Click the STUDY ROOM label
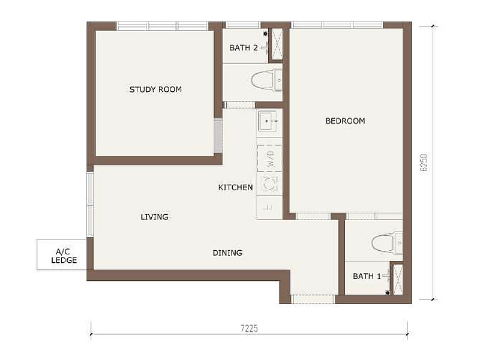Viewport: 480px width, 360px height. [x=155, y=89]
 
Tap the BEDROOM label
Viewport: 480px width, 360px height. [x=345, y=121]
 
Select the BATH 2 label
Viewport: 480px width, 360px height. [x=244, y=48]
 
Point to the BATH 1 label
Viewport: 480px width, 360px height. [x=367, y=276]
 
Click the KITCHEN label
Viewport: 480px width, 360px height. [x=235, y=187]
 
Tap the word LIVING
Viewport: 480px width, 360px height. [x=154, y=217]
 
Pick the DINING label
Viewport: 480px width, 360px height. [x=227, y=253]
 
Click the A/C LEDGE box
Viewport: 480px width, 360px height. [x=62, y=254]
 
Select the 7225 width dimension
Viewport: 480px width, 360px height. [x=249, y=328]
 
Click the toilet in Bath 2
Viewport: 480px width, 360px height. [x=266, y=80]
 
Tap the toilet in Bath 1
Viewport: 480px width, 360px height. [x=387, y=243]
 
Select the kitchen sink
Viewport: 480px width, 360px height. [x=268, y=121]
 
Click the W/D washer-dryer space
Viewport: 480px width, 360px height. [x=269, y=158]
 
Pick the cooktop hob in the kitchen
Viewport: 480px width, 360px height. [x=269, y=184]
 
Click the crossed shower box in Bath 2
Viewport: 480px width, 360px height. [x=277, y=44]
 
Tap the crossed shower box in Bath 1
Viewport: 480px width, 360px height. [x=398, y=279]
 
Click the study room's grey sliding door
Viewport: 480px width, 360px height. [x=218, y=136]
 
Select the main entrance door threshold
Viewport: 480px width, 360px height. [x=313, y=299]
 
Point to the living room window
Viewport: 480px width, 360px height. [x=90, y=205]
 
